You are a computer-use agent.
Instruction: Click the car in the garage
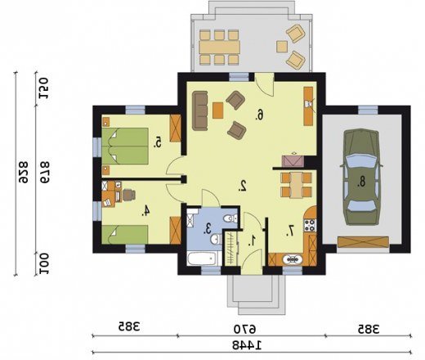361,177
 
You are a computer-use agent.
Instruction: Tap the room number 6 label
260,115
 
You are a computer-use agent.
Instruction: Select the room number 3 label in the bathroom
208,228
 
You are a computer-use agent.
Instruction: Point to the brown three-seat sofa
200,110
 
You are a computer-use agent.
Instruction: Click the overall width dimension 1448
247,345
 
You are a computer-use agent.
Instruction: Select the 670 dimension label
244,330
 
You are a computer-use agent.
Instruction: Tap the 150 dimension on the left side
43,88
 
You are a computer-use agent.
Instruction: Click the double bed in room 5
125,146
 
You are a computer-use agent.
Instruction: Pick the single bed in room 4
125,234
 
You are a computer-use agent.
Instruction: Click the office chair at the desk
128,195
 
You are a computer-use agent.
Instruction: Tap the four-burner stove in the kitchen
311,225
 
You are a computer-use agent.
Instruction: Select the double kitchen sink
293,259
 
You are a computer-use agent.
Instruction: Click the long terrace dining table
219,47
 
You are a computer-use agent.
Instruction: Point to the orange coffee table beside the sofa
218,110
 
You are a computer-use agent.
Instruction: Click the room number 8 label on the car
361,182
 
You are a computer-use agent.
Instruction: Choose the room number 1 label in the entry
253,241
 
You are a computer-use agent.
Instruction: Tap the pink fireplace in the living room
293,160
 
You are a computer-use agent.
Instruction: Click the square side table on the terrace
282,47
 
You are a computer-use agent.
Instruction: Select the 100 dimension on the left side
43,264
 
